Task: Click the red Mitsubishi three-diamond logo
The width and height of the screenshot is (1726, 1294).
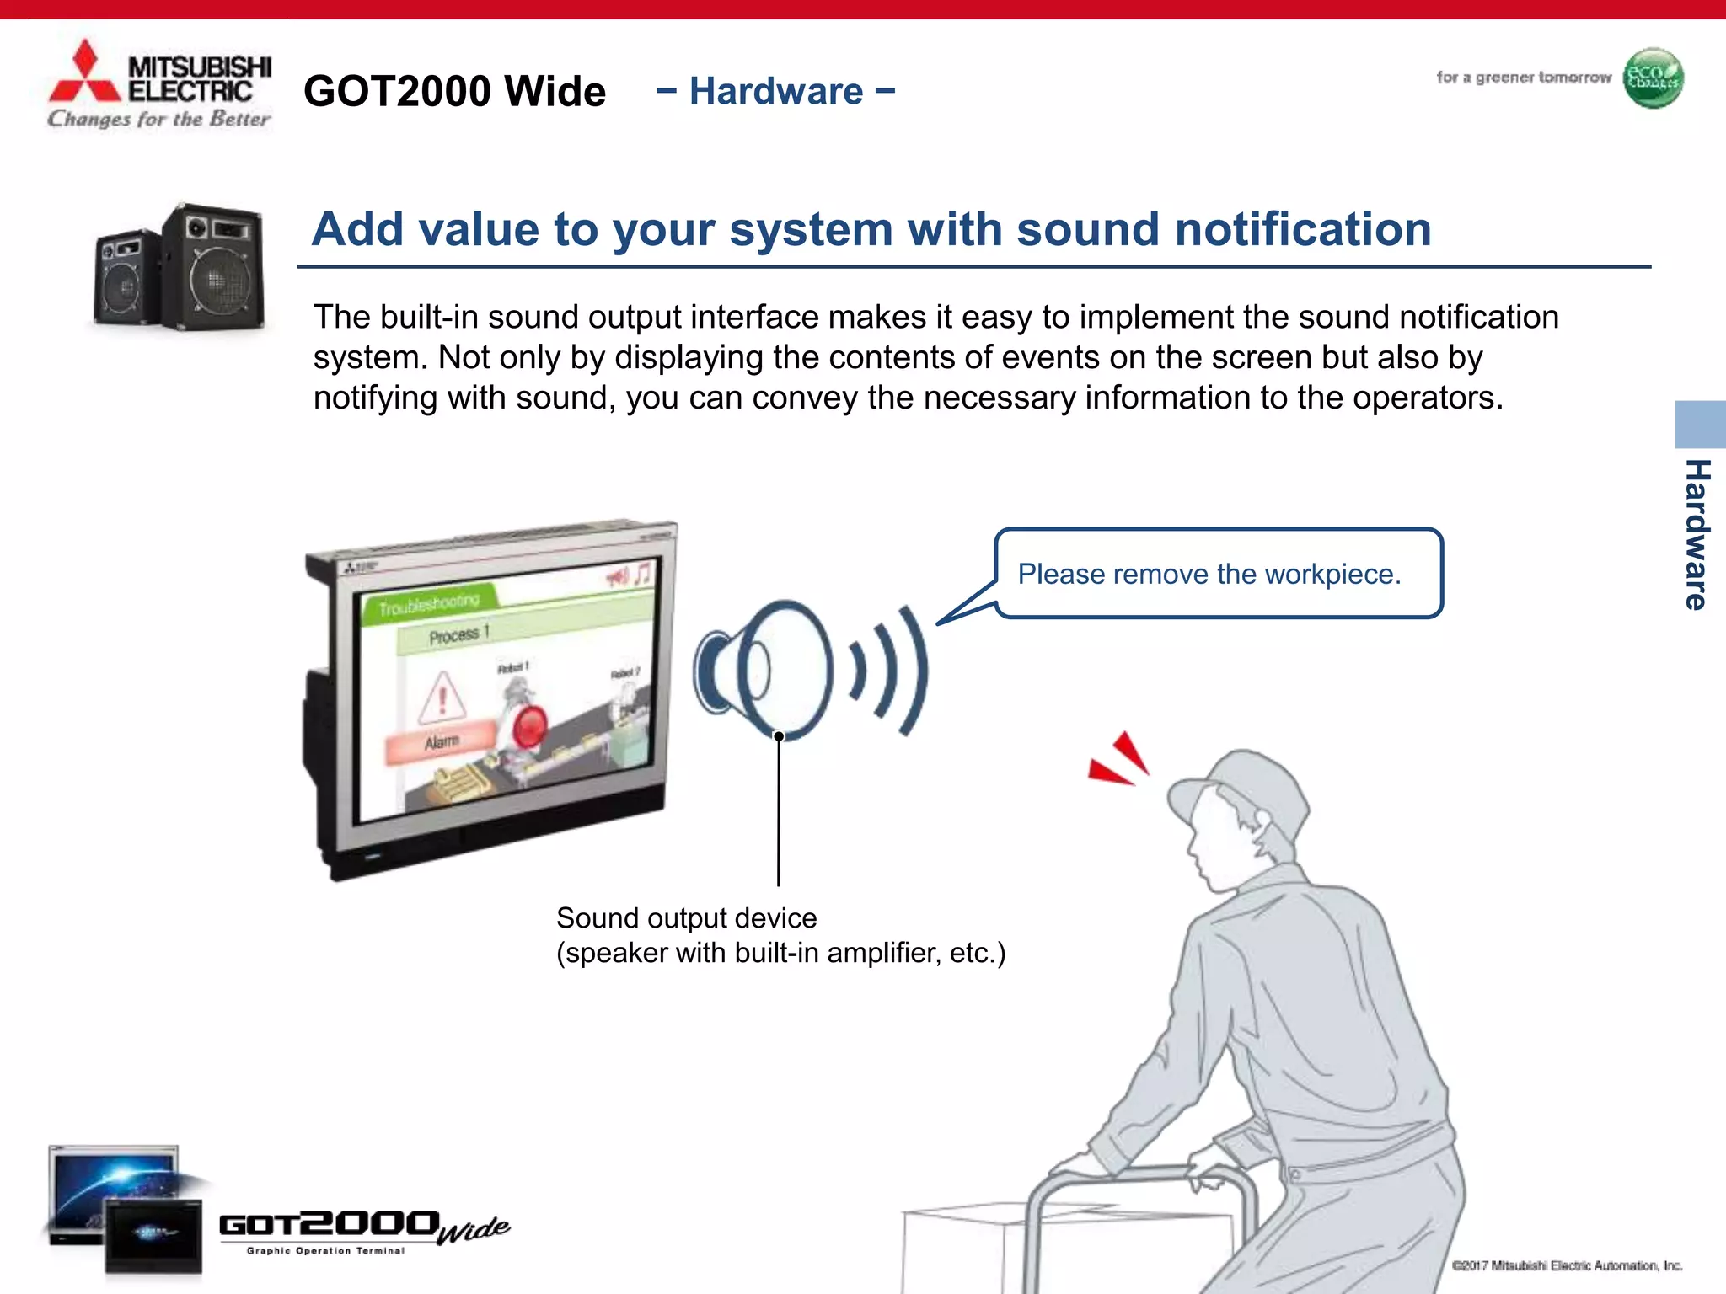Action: tap(84, 74)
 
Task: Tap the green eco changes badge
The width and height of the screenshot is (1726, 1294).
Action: tap(1653, 78)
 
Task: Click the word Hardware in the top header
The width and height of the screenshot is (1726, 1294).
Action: tap(776, 91)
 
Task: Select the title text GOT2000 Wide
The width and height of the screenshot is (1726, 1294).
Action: tap(454, 91)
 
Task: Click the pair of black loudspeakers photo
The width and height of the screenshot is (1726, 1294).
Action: tap(180, 266)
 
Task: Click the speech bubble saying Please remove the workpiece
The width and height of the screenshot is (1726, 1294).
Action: tap(1217, 574)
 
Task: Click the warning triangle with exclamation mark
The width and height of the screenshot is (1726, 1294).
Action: tap(442, 697)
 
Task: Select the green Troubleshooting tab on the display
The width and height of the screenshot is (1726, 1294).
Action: tap(429, 603)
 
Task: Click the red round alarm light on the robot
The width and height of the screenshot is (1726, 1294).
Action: tap(531, 727)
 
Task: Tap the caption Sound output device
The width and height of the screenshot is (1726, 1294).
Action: tap(686, 917)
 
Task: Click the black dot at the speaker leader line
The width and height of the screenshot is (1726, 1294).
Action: tap(779, 736)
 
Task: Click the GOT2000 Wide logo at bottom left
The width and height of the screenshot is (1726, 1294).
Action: tap(362, 1231)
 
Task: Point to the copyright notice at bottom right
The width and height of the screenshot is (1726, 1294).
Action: tap(1567, 1265)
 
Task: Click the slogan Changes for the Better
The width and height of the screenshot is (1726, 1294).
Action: tap(159, 119)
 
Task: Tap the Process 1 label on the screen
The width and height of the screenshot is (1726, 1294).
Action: tap(458, 634)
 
